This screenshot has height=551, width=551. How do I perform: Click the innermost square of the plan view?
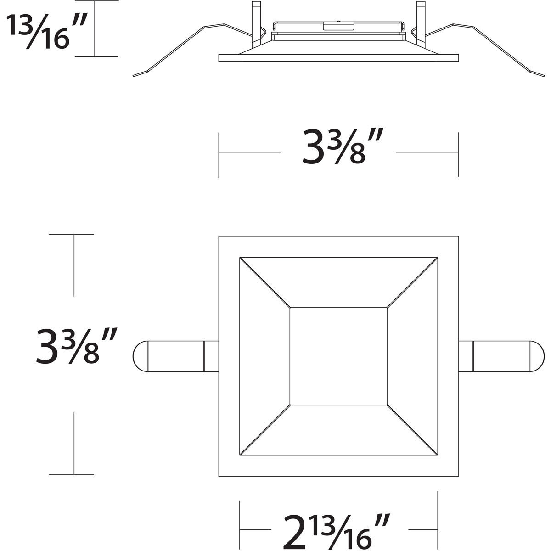pos(338,356)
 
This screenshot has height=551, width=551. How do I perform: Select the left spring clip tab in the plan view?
pos(174,356)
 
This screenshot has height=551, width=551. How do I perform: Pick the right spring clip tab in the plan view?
pos(501,356)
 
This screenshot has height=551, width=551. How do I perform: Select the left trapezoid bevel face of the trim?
pos(264,356)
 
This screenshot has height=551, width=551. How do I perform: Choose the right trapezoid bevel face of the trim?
pos(412,356)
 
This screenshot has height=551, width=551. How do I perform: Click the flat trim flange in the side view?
pos(338,58)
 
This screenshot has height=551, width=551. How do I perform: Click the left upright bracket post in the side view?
pos(256,23)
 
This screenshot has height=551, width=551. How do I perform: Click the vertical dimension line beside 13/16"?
pos(95,28)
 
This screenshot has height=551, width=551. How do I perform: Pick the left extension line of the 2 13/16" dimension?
pos(240,521)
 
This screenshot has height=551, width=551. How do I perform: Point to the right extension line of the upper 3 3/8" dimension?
pos(458,154)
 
